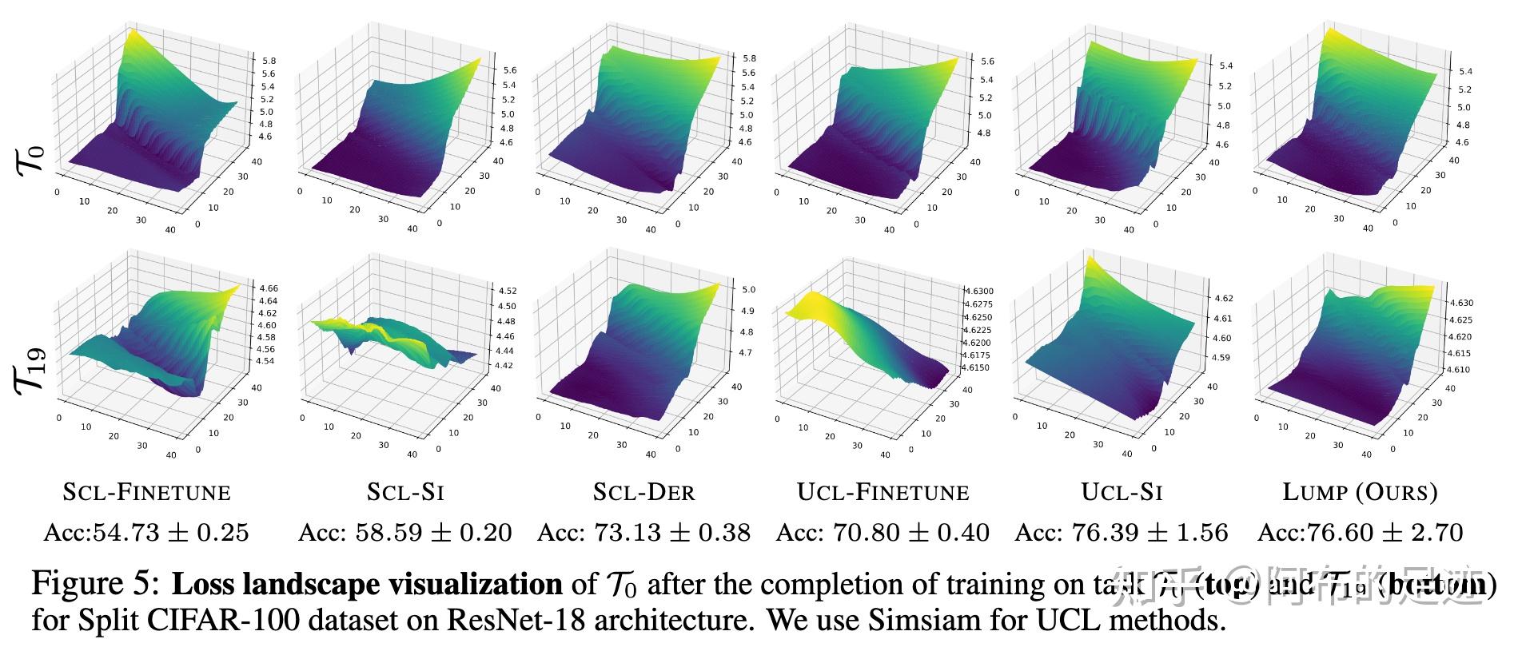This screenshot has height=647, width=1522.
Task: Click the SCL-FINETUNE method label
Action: coord(146,492)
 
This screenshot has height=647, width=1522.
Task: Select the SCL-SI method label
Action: coord(405,492)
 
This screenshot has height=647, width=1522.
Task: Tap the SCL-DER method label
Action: coord(643,492)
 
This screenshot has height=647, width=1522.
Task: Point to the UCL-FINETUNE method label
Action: coord(883,492)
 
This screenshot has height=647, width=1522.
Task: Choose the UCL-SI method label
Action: coord(1122,492)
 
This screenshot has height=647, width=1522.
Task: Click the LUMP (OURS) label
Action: coord(1360,492)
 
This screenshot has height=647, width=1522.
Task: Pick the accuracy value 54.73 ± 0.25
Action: coord(146,532)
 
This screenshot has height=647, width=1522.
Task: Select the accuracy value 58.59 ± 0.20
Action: coord(405,532)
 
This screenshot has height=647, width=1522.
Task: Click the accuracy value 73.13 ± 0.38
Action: coord(643,532)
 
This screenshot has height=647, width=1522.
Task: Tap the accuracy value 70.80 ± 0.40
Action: coord(883,532)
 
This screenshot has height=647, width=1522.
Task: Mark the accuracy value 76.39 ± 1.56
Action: coord(1122,532)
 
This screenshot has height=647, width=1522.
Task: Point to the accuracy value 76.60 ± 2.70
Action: coord(1360,532)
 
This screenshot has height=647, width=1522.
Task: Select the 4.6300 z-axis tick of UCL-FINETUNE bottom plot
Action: coord(978,292)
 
